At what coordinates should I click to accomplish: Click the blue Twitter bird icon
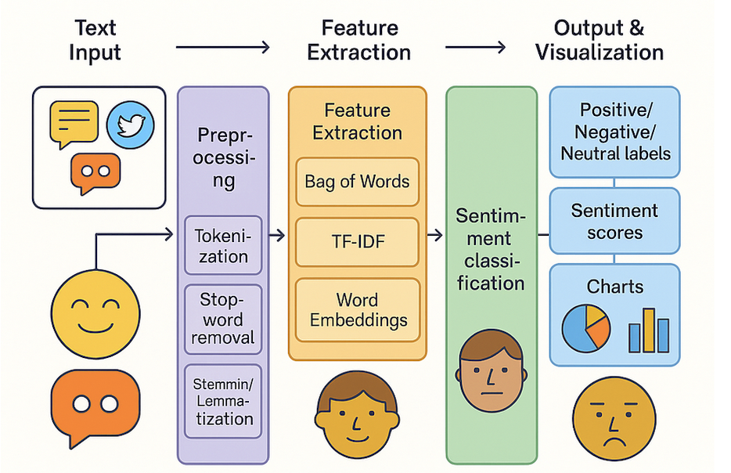coord(131,125)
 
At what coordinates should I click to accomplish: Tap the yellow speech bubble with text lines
coord(74,124)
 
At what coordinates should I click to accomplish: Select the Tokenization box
coord(222,245)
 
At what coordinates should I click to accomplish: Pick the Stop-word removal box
coord(222,319)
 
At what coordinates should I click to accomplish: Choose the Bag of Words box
coord(357,182)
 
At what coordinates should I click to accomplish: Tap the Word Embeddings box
coord(357,310)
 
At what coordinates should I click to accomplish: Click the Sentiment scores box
coord(614,222)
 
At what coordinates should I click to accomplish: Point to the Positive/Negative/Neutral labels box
coord(614,131)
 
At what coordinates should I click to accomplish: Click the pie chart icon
coord(586,327)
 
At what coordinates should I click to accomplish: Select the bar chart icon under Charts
coord(649,330)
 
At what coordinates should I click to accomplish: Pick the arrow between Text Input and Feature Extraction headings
coord(222,48)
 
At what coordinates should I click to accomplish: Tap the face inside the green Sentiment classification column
coord(491,371)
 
